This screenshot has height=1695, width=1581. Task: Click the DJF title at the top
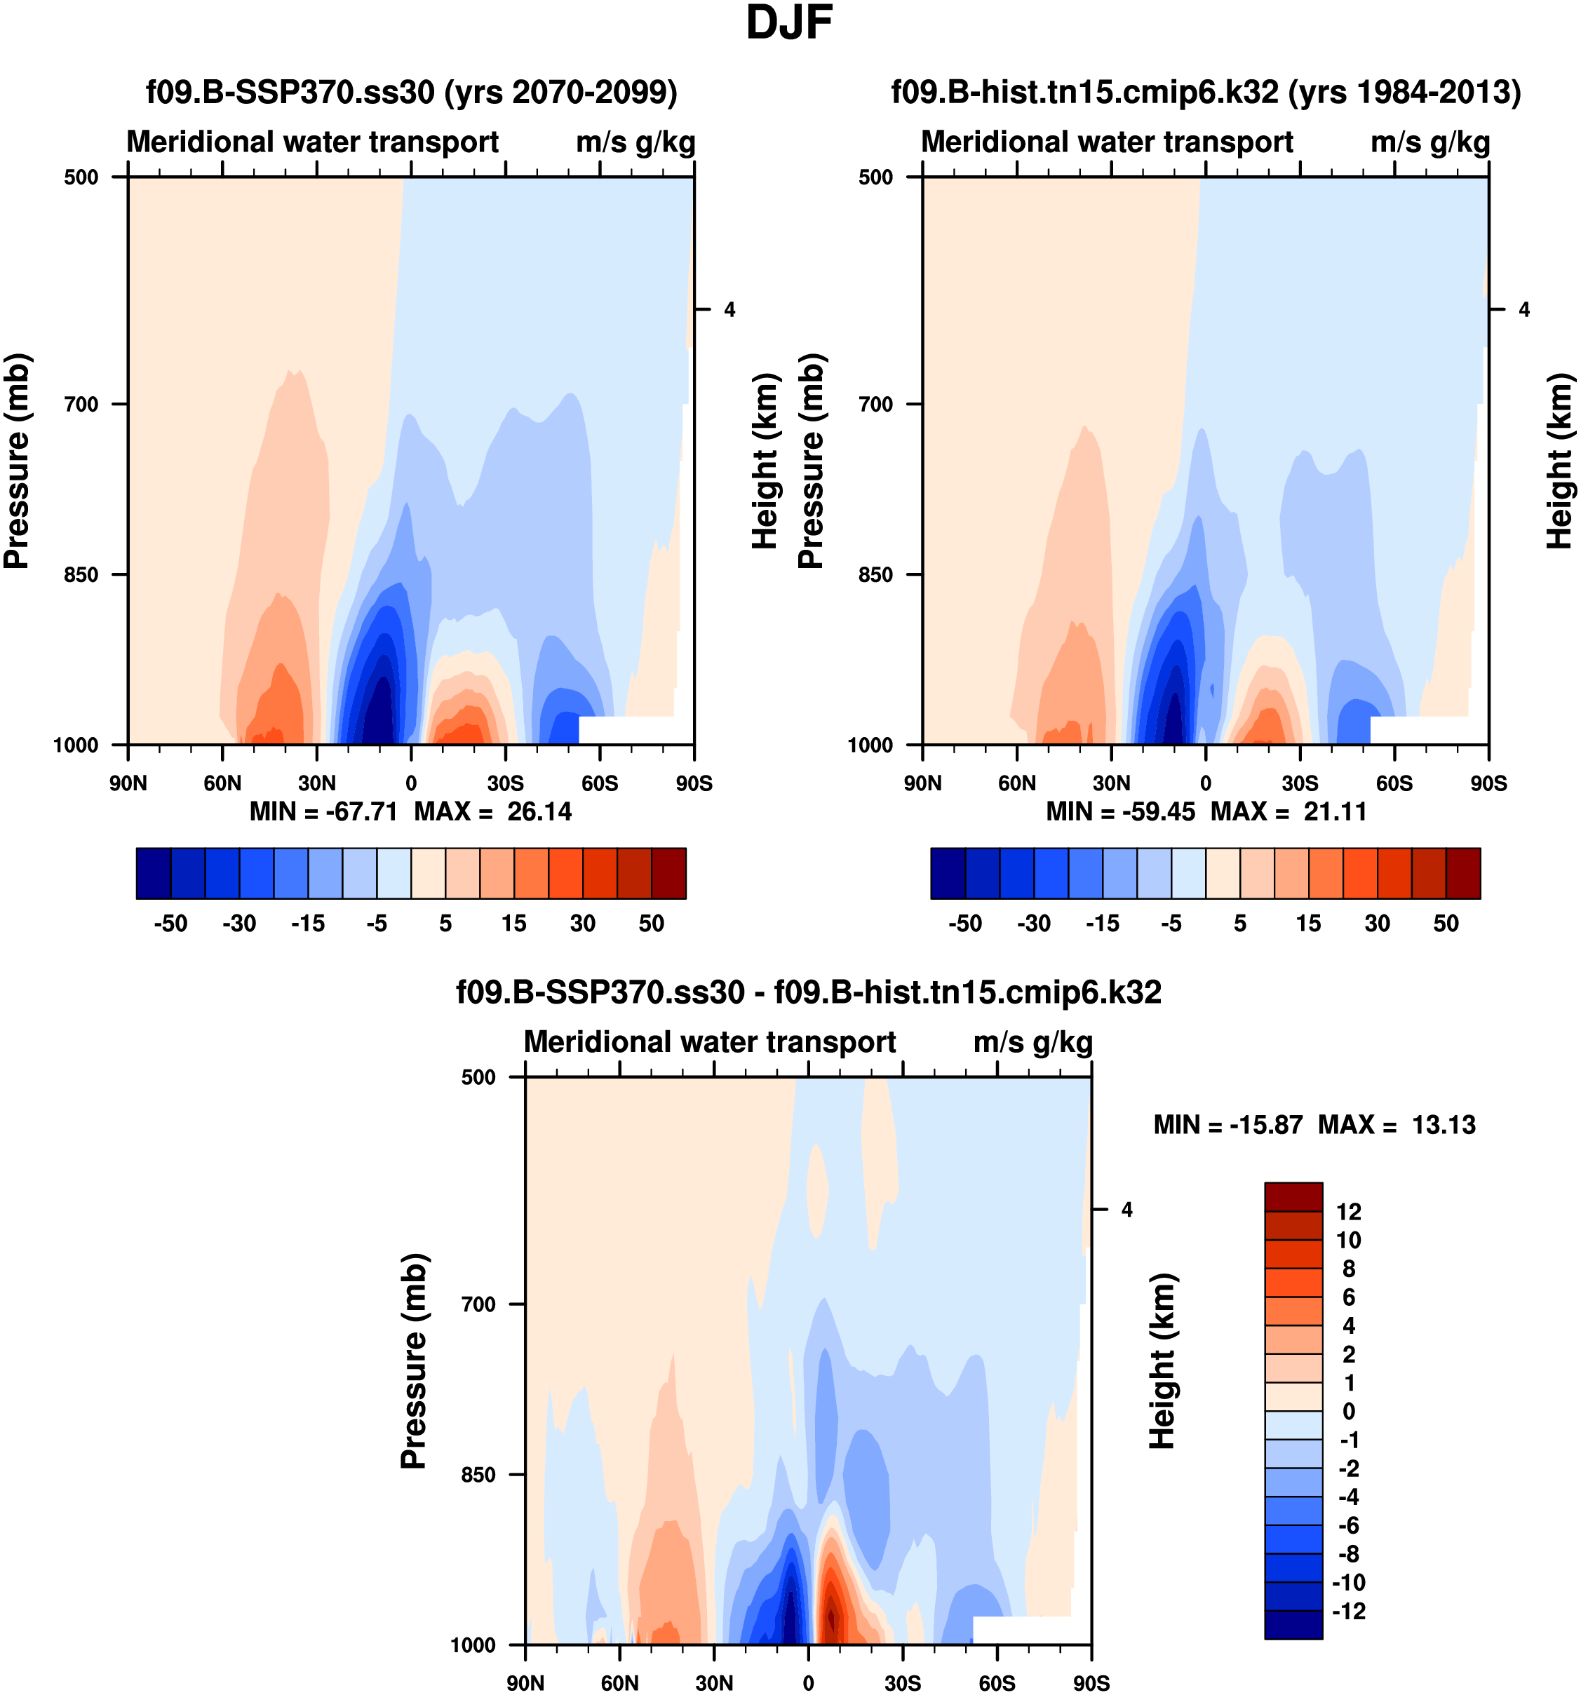[x=789, y=23]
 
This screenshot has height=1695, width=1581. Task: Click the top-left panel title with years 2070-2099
[x=412, y=91]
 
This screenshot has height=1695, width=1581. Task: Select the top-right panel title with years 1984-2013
[x=1206, y=91]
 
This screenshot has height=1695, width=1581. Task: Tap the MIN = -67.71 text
[x=323, y=811]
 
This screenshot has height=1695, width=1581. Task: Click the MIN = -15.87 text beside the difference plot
[x=1228, y=1125]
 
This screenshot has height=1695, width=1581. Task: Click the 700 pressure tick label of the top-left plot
[x=82, y=404]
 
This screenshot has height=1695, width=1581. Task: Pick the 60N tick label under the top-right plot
[x=1016, y=783]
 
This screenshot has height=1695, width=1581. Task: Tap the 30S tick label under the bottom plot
[x=902, y=1682]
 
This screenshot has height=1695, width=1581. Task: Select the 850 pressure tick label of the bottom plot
[x=478, y=1474]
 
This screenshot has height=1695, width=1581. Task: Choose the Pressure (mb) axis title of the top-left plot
[x=17, y=461]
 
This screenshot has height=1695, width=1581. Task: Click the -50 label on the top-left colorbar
[x=170, y=924]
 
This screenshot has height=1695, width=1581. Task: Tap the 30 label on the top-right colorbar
[x=1377, y=924]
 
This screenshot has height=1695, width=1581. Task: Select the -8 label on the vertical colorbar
[x=1348, y=1553]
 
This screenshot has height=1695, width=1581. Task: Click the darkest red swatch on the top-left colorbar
[x=668, y=873]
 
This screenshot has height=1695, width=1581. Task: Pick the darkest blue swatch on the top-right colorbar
[x=948, y=873]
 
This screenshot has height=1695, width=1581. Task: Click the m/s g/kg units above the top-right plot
[x=1430, y=142]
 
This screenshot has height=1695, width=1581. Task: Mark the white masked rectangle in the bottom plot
[x=1021, y=1629]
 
